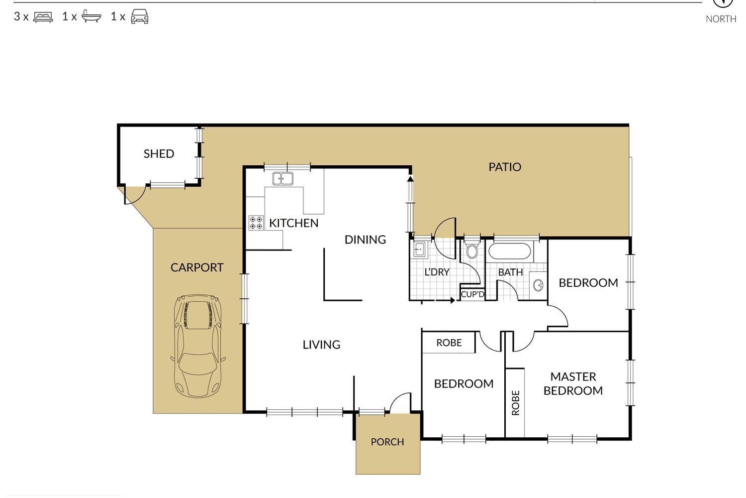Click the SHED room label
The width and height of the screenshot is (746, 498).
click(x=159, y=154)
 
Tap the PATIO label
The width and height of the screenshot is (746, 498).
click(x=505, y=167)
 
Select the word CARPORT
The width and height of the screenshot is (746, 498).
click(x=197, y=267)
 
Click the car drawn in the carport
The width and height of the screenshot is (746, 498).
click(x=198, y=346)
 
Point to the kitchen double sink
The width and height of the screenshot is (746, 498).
click(x=283, y=178)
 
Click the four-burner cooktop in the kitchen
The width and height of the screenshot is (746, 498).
click(x=256, y=223)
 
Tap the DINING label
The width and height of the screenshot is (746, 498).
click(x=365, y=240)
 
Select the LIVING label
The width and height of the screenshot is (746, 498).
click(x=321, y=345)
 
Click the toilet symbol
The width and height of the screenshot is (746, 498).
click(x=471, y=249)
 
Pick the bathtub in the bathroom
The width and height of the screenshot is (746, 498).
click(x=509, y=251)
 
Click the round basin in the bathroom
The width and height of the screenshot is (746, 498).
click(x=538, y=285)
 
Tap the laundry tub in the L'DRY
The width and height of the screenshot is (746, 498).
click(x=419, y=249)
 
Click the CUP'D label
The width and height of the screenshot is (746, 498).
click(x=472, y=294)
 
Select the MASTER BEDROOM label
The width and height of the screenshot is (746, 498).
click(x=573, y=383)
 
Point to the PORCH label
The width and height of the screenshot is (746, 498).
click(x=387, y=442)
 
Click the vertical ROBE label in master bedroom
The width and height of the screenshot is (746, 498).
click(x=516, y=403)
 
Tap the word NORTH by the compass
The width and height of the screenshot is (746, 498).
click(x=721, y=19)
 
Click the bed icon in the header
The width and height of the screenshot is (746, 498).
click(x=43, y=17)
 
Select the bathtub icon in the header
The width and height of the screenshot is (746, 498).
click(x=91, y=16)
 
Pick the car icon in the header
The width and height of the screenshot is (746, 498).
click(x=140, y=16)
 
